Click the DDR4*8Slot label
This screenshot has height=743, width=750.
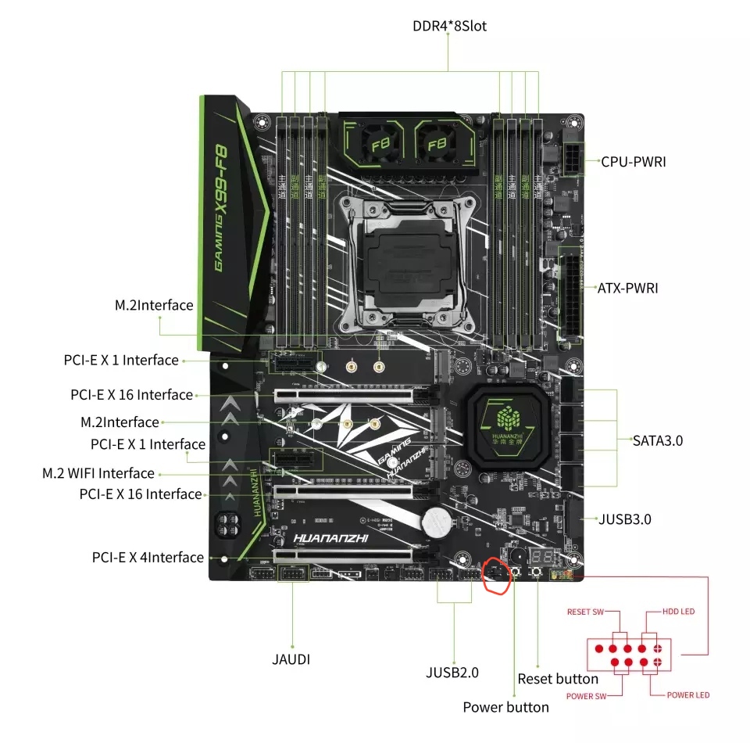pyautogui.click(x=449, y=27)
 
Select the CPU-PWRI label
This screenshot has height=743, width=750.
pyautogui.click(x=633, y=162)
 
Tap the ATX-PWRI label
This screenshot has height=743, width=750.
pyautogui.click(x=627, y=288)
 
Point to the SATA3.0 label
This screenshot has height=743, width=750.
pyautogui.click(x=658, y=440)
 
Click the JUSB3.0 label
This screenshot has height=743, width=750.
pyautogui.click(x=624, y=519)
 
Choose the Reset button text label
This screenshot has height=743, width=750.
pyautogui.click(x=558, y=678)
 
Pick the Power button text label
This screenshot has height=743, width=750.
pyautogui.click(x=505, y=707)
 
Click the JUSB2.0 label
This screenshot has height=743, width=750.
pyautogui.click(x=452, y=672)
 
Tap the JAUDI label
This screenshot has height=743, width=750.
pyautogui.click(x=291, y=659)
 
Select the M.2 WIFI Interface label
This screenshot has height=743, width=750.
pyautogui.click(x=98, y=473)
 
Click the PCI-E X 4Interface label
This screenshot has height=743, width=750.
pyautogui.click(x=148, y=558)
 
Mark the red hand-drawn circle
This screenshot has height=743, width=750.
pyautogui.click(x=497, y=578)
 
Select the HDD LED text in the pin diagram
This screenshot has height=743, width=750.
pyautogui.click(x=678, y=611)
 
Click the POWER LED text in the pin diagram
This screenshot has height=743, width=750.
pyautogui.click(x=687, y=695)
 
